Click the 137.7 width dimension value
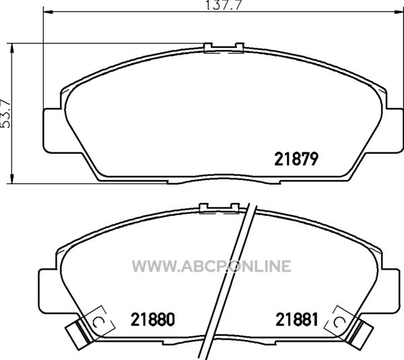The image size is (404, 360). (224, 5)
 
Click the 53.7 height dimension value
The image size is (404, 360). (5, 113)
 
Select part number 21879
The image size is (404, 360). (296, 159)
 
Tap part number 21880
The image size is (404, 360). (153, 320)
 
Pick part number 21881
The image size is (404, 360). (297, 320)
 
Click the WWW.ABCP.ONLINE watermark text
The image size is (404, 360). (211, 266)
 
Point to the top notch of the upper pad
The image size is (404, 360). (224, 49)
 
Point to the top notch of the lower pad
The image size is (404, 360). (220, 208)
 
